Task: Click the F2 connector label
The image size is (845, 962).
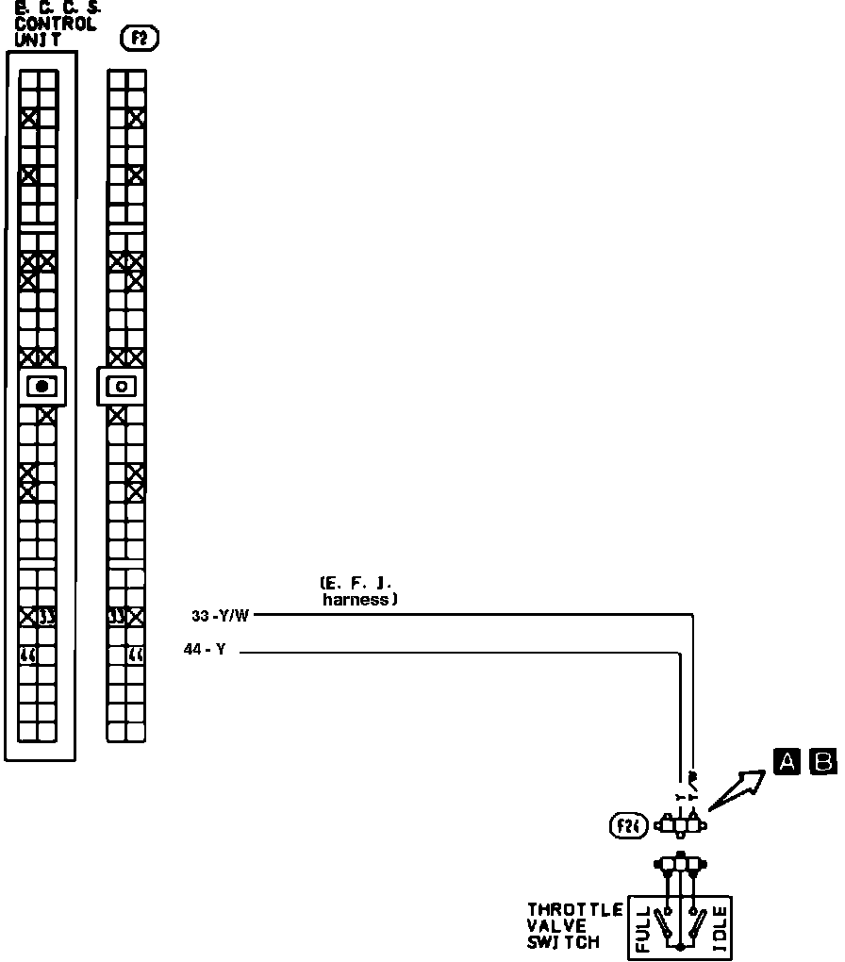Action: (x=141, y=39)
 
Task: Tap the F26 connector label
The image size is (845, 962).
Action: (x=627, y=827)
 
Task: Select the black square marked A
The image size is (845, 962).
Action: (x=787, y=761)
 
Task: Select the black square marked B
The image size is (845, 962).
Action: (x=823, y=761)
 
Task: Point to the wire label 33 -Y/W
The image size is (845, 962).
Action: (x=220, y=617)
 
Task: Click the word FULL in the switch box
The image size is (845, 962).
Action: (x=644, y=929)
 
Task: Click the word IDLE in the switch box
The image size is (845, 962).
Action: (x=720, y=929)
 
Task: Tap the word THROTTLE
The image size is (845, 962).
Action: (x=575, y=910)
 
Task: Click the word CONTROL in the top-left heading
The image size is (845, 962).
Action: (x=56, y=25)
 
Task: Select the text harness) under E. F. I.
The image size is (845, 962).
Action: (x=358, y=598)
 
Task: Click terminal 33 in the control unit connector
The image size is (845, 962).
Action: (x=47, y=618)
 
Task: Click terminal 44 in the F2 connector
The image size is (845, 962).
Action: (x=136, y=655)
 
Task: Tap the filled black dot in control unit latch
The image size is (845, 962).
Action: (x=41, y=386)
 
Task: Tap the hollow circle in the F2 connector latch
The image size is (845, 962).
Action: (x=121, y=386)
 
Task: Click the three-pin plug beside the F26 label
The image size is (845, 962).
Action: (x=682, y=826)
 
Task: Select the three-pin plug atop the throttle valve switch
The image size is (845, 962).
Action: (x=682, y=864)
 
